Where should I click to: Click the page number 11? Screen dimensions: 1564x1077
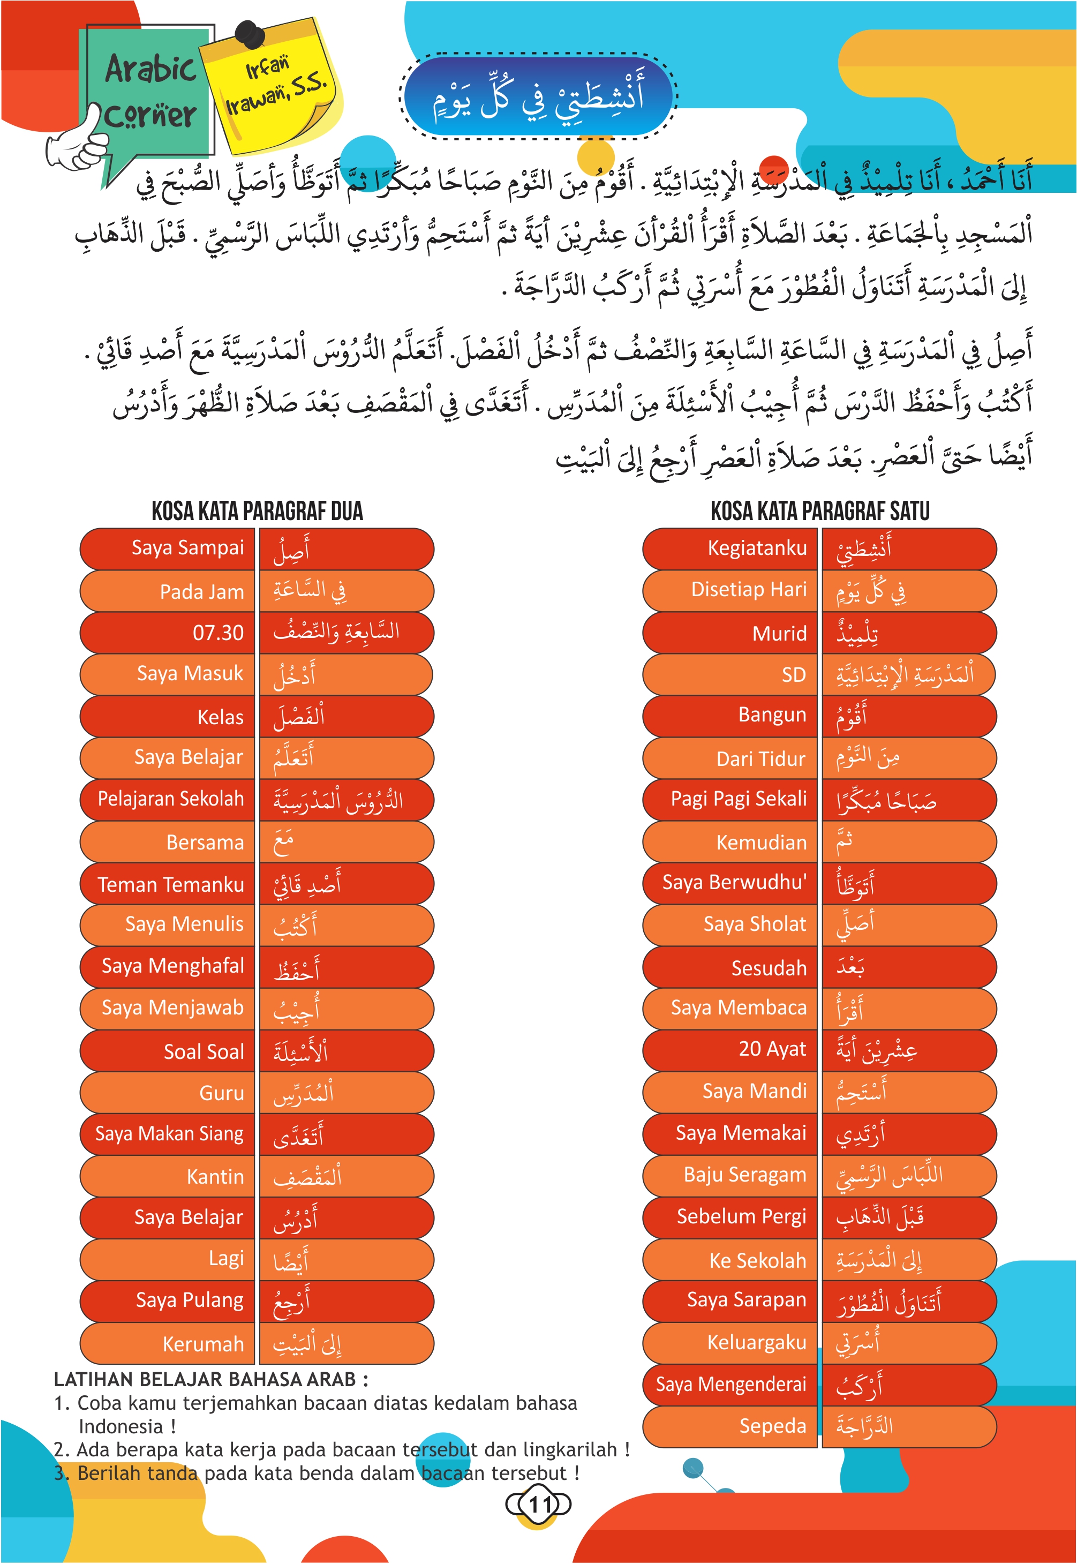click(x=539, y=1504)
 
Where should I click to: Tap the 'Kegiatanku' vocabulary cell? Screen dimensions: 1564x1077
click(x=757, y=548)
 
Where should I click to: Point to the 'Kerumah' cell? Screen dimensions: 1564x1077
click(x=202, y=1344)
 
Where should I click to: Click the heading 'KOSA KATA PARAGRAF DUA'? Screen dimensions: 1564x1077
click(x=257, y=511)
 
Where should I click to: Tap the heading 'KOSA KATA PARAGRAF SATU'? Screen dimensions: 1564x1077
click(x=820, y=511)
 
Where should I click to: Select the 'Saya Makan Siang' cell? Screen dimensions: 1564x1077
click(x=169, y=1133)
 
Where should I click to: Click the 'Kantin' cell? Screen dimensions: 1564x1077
click(x=215, y=1177)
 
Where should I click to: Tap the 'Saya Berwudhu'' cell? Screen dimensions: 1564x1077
click(x=734, y=883)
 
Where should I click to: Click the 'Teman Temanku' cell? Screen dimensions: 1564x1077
click(x=171, y=884)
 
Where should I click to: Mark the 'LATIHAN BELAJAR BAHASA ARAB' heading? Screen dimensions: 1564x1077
click(x=211, y=1379)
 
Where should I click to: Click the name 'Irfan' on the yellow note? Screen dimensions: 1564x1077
click(x=267, y=67)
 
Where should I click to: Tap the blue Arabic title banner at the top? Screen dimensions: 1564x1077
click(x=538, y=96)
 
